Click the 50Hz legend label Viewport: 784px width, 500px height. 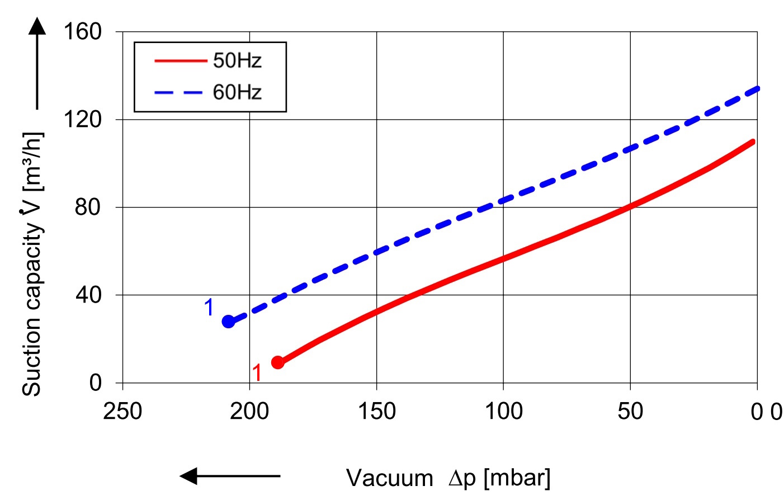(237, 60)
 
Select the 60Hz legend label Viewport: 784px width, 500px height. (237, 92)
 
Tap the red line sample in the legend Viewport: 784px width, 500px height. (180, 60)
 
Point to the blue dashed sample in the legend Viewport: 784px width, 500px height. (178, 92)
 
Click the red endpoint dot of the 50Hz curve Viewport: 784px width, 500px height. (278, 362)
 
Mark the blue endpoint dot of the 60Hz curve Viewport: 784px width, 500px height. (228, 322)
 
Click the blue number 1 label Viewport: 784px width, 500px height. (209, 308)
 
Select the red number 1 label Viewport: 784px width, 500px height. (257, 372)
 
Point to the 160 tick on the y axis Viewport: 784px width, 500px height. (82, 31)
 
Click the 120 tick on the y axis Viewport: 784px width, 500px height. (82, 119)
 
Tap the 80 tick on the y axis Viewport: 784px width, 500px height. (88, 207)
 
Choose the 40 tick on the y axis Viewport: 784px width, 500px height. (88, 295)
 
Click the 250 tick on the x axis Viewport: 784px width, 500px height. (122, 412)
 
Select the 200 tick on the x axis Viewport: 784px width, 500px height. (249, 412)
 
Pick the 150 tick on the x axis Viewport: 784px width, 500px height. (376, 412)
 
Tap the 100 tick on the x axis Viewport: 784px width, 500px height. (503, 412)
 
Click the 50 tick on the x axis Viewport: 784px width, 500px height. (630, 412)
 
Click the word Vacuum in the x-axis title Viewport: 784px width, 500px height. (390, 479)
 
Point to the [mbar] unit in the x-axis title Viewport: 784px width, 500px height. (517, 478)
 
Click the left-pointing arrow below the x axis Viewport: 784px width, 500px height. (229, 476)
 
